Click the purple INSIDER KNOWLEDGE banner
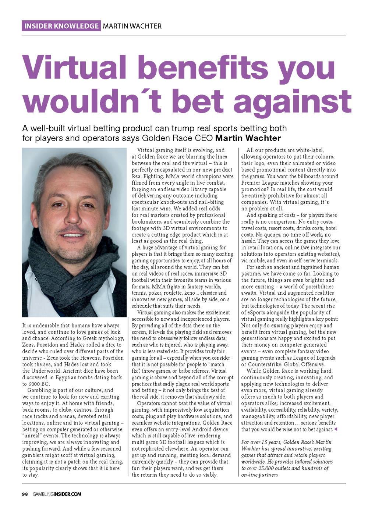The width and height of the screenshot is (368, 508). pos(61,26)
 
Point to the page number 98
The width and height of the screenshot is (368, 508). pos(24,494)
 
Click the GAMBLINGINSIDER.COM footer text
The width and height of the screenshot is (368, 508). pos(57,494)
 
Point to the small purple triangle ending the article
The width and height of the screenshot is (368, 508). pos(335,429)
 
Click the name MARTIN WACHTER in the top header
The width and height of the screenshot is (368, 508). pos(132,26)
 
